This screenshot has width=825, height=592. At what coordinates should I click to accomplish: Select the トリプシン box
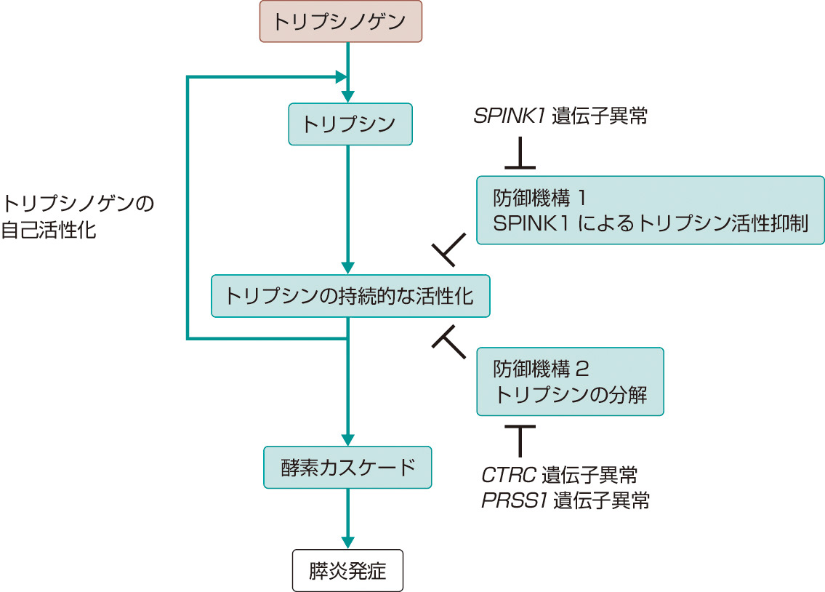click(x=350, y=124)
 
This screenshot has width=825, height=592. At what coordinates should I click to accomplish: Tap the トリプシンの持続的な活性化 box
click(x=350, y=296)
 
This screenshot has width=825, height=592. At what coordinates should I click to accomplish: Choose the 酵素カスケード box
click(x=347, y=467)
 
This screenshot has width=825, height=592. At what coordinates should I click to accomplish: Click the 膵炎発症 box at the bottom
click(x=347, y=570)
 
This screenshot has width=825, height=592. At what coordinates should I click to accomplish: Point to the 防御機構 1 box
click(x=650, y=210)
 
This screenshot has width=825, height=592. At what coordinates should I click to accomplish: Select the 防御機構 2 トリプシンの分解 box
click(x=570, y=381)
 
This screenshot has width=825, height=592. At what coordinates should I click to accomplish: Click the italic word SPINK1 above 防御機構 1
click(x=509, y=116)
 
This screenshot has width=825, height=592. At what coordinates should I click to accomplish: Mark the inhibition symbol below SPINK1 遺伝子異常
click(x=520, y=156)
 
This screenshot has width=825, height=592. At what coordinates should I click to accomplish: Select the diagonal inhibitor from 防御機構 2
click(x=451, y=342)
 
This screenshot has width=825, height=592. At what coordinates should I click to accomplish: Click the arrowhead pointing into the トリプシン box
click(x=350, y=97)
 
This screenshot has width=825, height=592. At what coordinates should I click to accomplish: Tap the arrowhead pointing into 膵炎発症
click(x=348, y=542)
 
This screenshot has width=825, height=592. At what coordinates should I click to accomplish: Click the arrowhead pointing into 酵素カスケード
click(x=348, y=439)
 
